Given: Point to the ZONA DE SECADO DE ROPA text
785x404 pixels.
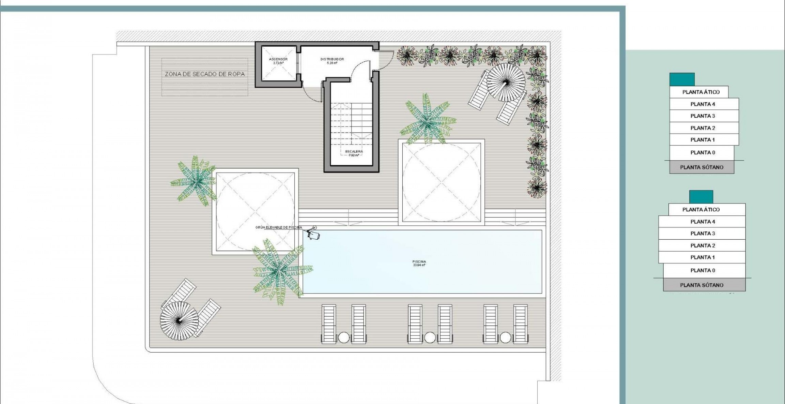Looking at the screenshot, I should click(205, 74).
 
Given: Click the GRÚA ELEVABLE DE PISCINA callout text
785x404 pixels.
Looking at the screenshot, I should click(279, 227).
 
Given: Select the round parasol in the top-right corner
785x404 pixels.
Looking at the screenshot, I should click(506, 82).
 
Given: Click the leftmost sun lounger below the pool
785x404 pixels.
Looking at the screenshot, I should click(329, 324).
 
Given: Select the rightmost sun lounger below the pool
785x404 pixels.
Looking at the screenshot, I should click(520, 324).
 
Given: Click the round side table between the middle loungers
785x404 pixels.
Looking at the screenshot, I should click(430, 338).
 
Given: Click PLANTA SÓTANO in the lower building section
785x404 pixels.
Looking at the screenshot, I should click(702, 285).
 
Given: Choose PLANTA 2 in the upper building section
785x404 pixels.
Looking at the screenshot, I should click(703, 128).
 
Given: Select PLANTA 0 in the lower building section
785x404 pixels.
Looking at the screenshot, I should click(703, 270).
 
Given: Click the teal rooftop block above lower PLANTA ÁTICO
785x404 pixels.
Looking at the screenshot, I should click(701, 197).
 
